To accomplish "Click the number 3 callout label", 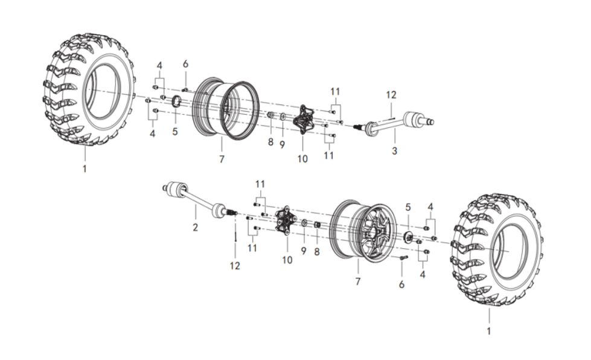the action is pyautogui.click(x=394, y=151).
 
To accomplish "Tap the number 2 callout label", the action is pyautogui.click(x=195, y=227).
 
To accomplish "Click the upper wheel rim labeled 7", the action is pyautogui.click(x=225, y=109).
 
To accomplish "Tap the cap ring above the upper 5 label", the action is pyautogui.click(x=176, y=102).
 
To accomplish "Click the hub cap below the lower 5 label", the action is pyautogui.click(x=408, y=237).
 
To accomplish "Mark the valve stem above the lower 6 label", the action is pyautogui.click(x=403, y=257).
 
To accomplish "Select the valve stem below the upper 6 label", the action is pyautogui.click(x=185, y=89).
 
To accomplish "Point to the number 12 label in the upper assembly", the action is pyautogui.click(x=391, y=95).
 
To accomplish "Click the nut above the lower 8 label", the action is pyautogui.click(x=318, y=225).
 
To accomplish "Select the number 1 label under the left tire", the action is pyautogui.click(x=85, y=169).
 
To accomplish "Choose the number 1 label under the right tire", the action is pyautogui.click(x=489, y=331).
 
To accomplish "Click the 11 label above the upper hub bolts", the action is pyautogui.click(x=335, y=92).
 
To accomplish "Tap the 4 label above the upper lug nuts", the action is pyautogui.click(x=159, y=66).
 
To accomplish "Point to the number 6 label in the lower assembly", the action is pyautogui.click(x=401, y=284).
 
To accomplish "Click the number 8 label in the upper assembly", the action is pyautogui.click(x=270, y=142).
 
